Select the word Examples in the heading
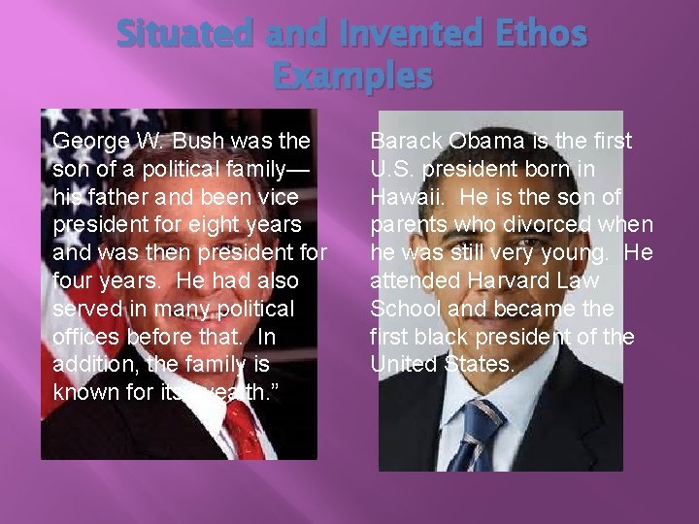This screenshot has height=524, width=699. tap(351, 76)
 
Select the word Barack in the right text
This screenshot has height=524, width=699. tap(406, 141)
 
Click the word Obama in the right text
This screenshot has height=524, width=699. tap(487, 141)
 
